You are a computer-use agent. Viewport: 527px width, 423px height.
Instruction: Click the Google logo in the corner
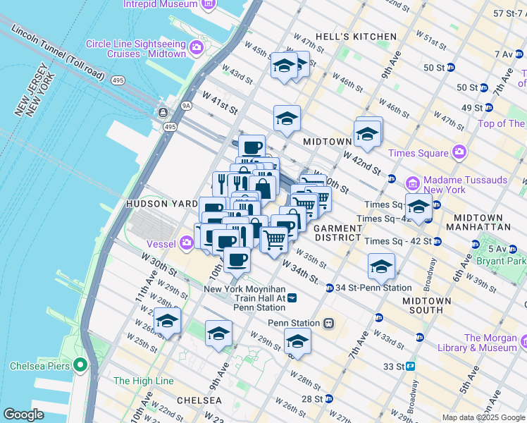[23, 414]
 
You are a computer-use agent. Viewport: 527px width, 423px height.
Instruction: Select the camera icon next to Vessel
[187, 244]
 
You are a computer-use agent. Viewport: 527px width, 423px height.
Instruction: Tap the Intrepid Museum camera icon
[208, 4]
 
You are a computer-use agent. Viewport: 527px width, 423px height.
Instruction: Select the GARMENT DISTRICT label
[337, 233]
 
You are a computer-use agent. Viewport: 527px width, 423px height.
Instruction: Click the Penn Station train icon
[328, 324]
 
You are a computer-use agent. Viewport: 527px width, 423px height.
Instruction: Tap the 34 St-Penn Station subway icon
[329, 288]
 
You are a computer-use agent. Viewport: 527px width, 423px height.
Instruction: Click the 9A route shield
[185, 106]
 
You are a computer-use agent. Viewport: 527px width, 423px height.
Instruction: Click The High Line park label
[143, 381]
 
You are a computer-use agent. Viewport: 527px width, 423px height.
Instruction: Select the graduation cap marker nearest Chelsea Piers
[168, 321]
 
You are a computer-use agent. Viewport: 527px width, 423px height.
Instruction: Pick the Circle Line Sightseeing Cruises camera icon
[195, 49]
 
